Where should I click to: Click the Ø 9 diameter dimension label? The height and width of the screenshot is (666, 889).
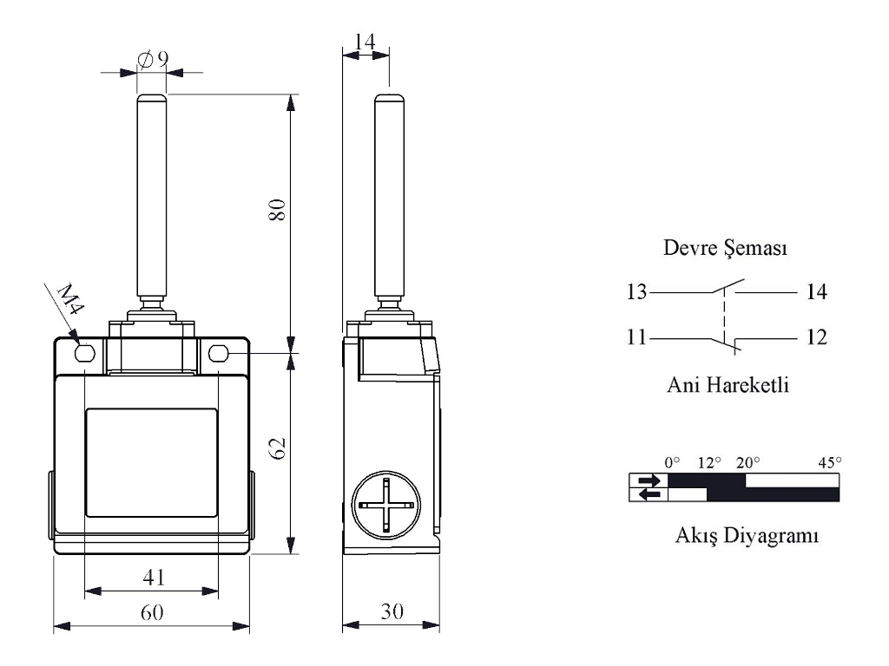click(x=153, y=59)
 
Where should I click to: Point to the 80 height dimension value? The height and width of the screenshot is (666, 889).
click(x=277, y=210)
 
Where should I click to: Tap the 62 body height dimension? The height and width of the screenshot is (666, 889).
click(x=277, y=448)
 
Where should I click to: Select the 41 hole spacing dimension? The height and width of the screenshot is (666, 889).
click(x=154, y=577)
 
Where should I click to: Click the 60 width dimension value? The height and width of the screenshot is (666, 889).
click(x=152, y=612)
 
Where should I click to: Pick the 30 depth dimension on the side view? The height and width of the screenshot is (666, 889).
click(x=392, y=611)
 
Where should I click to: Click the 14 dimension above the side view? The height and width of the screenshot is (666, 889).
click(x=365, y=42)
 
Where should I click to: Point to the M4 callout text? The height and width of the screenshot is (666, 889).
click(x=71, y=299)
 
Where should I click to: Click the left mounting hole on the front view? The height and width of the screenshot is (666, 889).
click(x=84, y=354)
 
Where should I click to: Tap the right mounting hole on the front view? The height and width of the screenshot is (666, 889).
click(x=218, y=354)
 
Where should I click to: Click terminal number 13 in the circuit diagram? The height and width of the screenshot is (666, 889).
click(x=636, y=291)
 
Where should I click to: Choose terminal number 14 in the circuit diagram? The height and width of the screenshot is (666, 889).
click(x=817, y=291)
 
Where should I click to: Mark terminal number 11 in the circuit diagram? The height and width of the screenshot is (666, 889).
click(x=636, y=337)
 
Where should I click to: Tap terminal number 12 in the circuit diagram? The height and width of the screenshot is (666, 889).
click(x=817, y=337)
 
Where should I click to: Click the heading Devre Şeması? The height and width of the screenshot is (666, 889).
click(x=725, y=248)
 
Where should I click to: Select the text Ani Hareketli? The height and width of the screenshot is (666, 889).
click(x=728, y=385)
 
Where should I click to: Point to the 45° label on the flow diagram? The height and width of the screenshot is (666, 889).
click(x=829, y=463)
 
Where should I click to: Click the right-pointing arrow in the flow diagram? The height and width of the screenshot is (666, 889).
click(x=649, y=480)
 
